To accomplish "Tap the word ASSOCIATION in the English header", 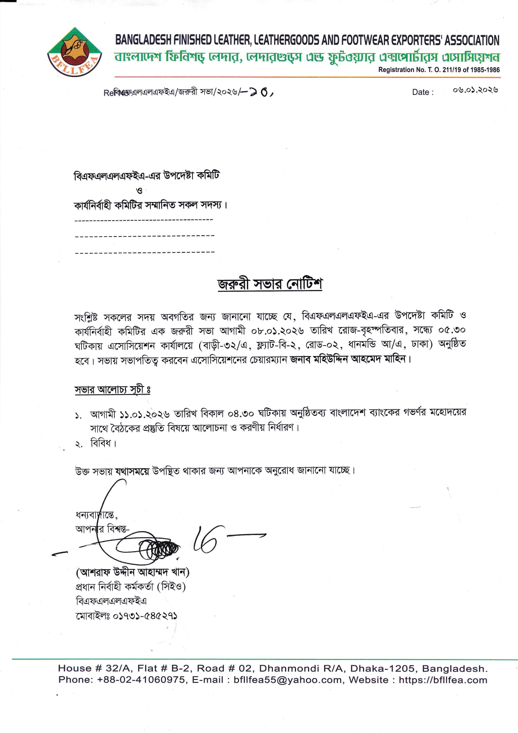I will point(472,40).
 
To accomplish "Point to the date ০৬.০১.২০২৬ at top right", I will point(475,90).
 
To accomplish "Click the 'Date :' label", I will point(423,92).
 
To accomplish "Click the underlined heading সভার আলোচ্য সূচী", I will point(112,389).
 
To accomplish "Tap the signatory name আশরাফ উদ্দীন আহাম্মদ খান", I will point(132,572).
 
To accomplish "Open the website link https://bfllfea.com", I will point(443,680).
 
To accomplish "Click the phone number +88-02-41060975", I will point(142,680).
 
